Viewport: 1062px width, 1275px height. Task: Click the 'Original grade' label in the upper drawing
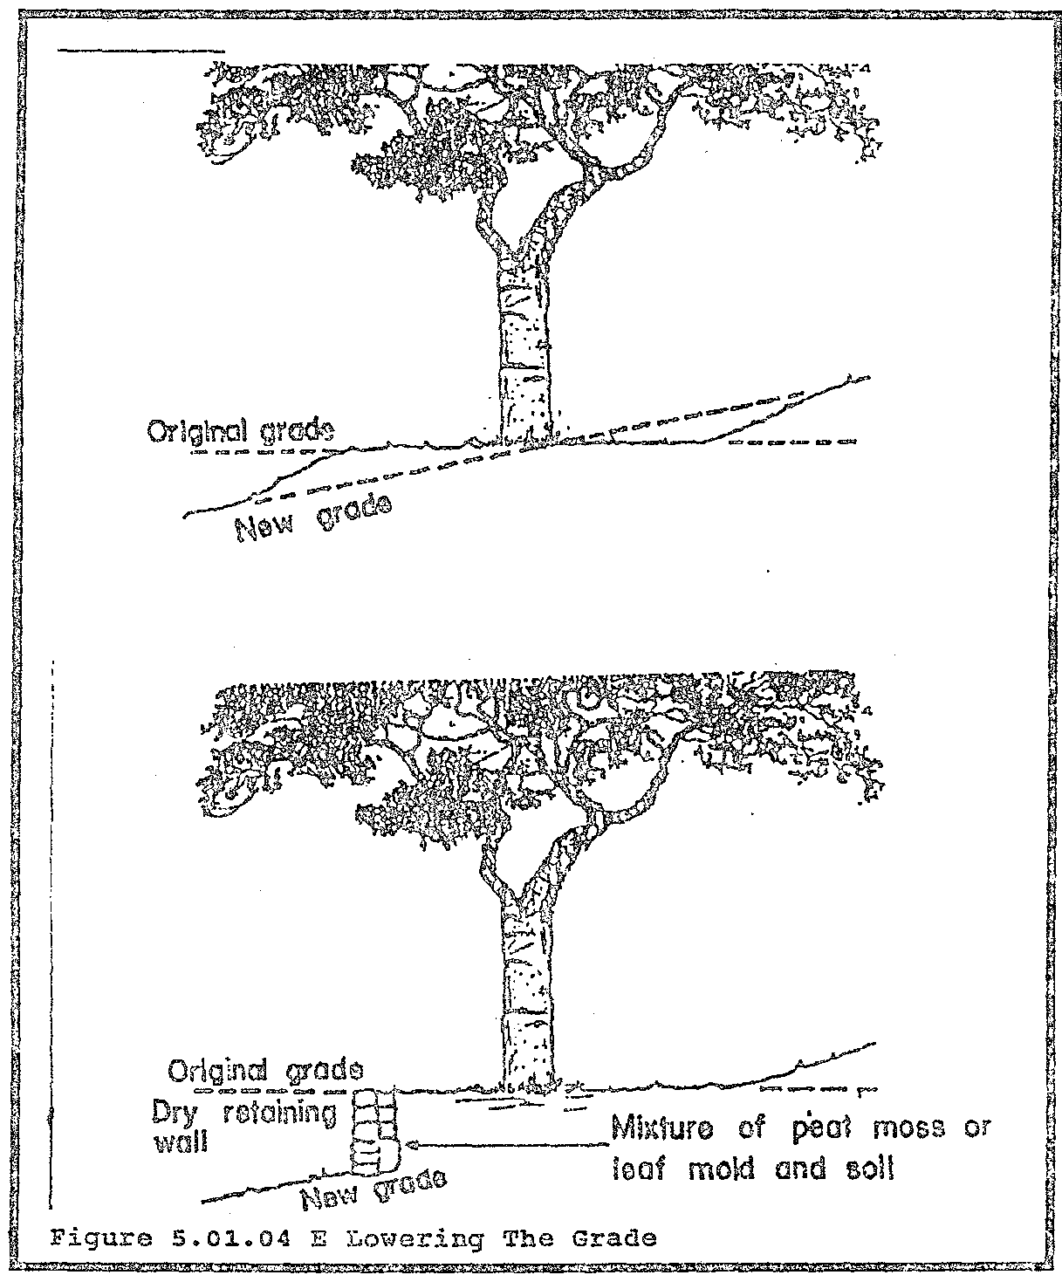240,432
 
